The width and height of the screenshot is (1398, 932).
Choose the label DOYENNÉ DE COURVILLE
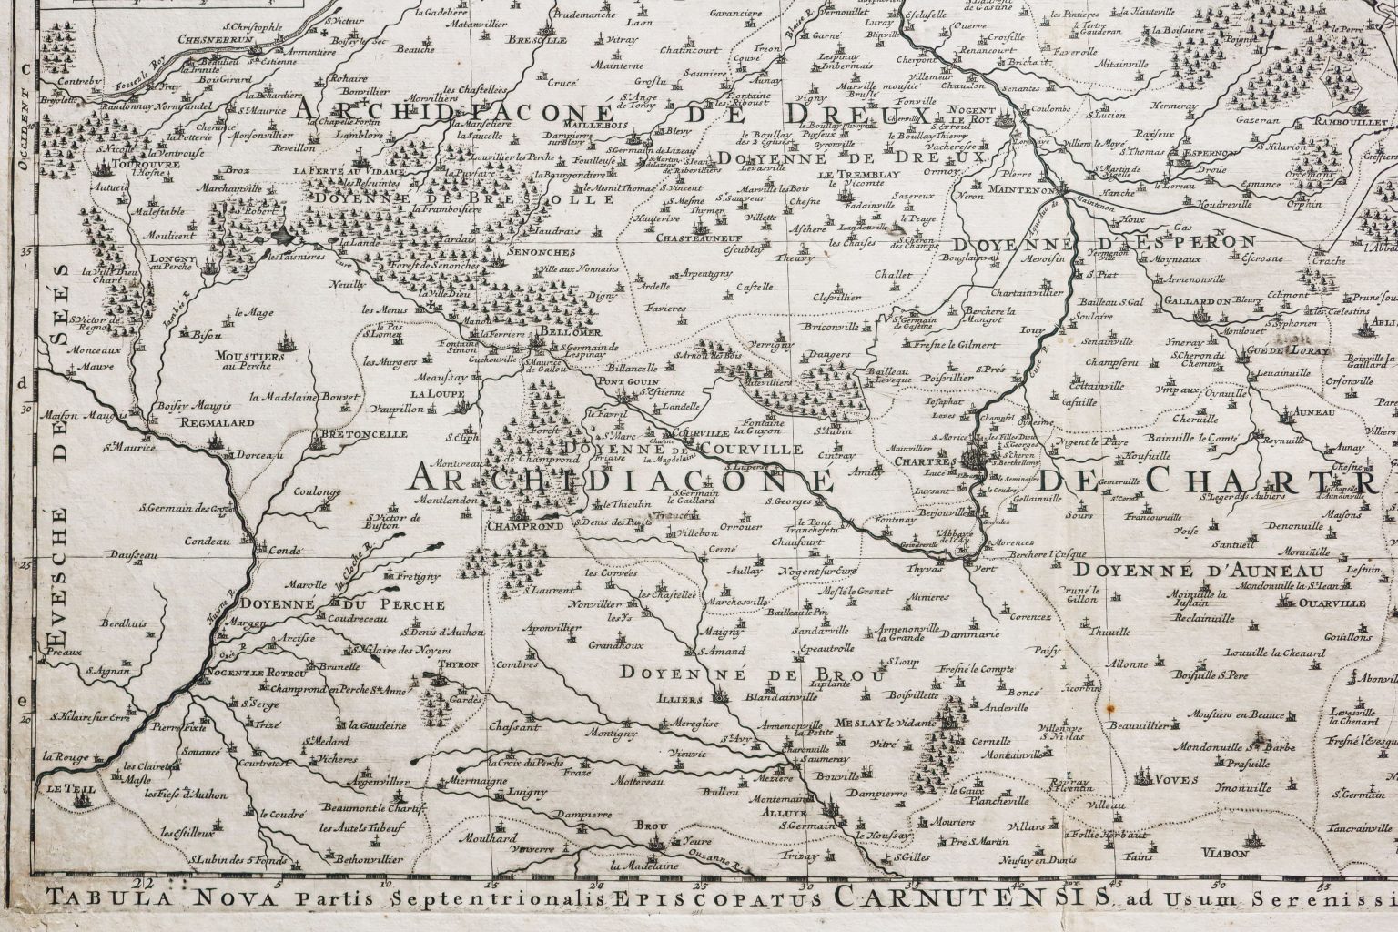[x=683, y=449]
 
